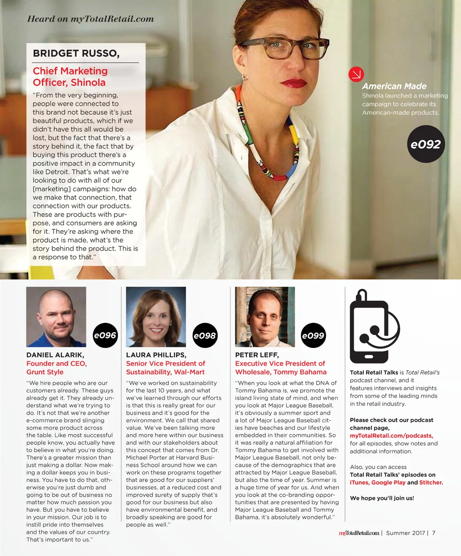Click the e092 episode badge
click(x=425, y=144)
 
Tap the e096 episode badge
click(x=105, y=335)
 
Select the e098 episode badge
click(x=205, y=335)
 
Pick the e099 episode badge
click(x=313, y=335)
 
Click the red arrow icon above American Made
click(x=356, y=74)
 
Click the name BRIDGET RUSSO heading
click(x=76, y=53)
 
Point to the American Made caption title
click(x=394, y=86)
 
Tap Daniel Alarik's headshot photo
click(x=56, y=316)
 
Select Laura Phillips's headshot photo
click(x=156, y=316)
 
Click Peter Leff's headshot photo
click(x=265, y=316)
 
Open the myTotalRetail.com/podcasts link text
click(x=391, y=436)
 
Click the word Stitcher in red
click(x=430, y=482)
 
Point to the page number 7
click(x=434, y=533)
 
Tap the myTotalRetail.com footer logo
click(x=359, y=533)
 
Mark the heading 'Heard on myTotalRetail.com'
click(x=90, y=19)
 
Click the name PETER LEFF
click(x=257, y=355)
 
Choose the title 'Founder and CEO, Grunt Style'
click(x=56, y=368)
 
